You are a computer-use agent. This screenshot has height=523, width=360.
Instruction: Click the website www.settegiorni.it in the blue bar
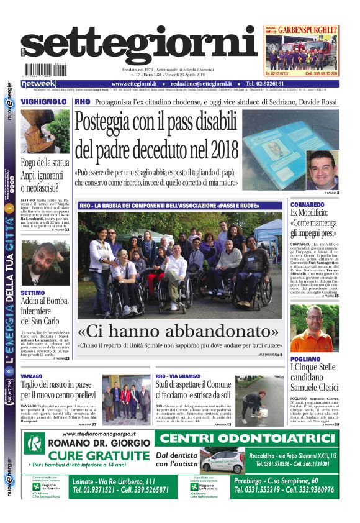tap(133, 84)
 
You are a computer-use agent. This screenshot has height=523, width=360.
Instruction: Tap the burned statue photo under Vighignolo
tap(45, 132)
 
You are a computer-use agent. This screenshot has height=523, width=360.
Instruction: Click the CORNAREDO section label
tap(307, 204)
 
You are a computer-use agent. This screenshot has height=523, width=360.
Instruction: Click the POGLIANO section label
tap(305, 359)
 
